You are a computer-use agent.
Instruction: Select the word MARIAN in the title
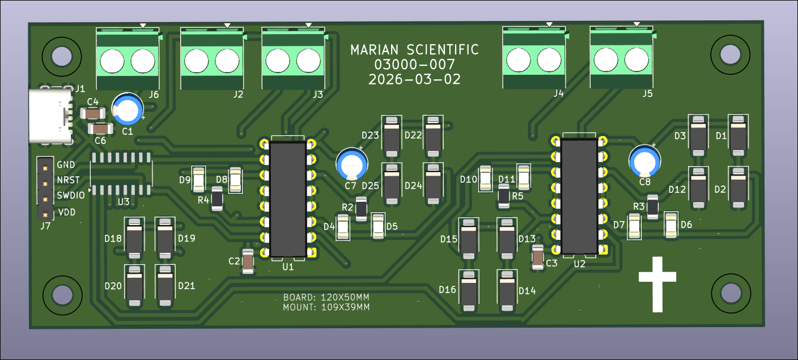(376, 50)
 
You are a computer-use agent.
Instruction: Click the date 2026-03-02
(414, 79)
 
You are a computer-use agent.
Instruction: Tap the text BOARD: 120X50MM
(326, 297)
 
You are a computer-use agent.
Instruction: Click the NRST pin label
(67, 180)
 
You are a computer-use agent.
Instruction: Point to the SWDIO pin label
(70, 196)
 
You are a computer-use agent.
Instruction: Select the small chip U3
(121, 173)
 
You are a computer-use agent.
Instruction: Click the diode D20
(134, 286)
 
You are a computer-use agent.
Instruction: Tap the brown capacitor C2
(248, 261)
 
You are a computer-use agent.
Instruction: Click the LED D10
(485, 179)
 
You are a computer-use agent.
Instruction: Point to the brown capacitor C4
(91, 113)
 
